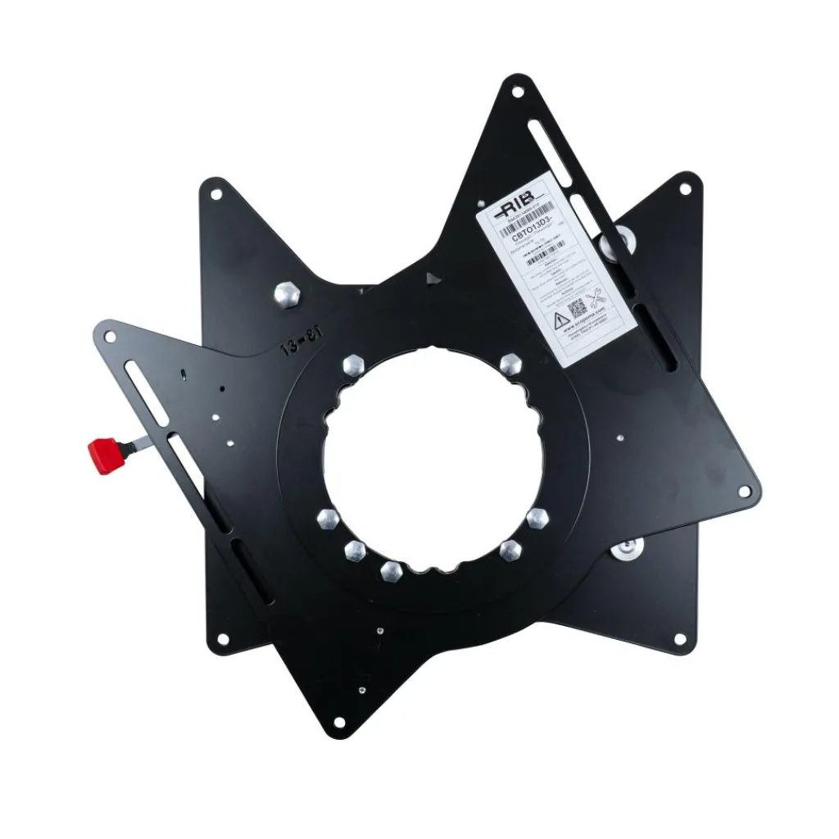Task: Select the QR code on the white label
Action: click(577, 309)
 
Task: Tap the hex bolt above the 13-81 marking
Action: click(287, 293)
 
